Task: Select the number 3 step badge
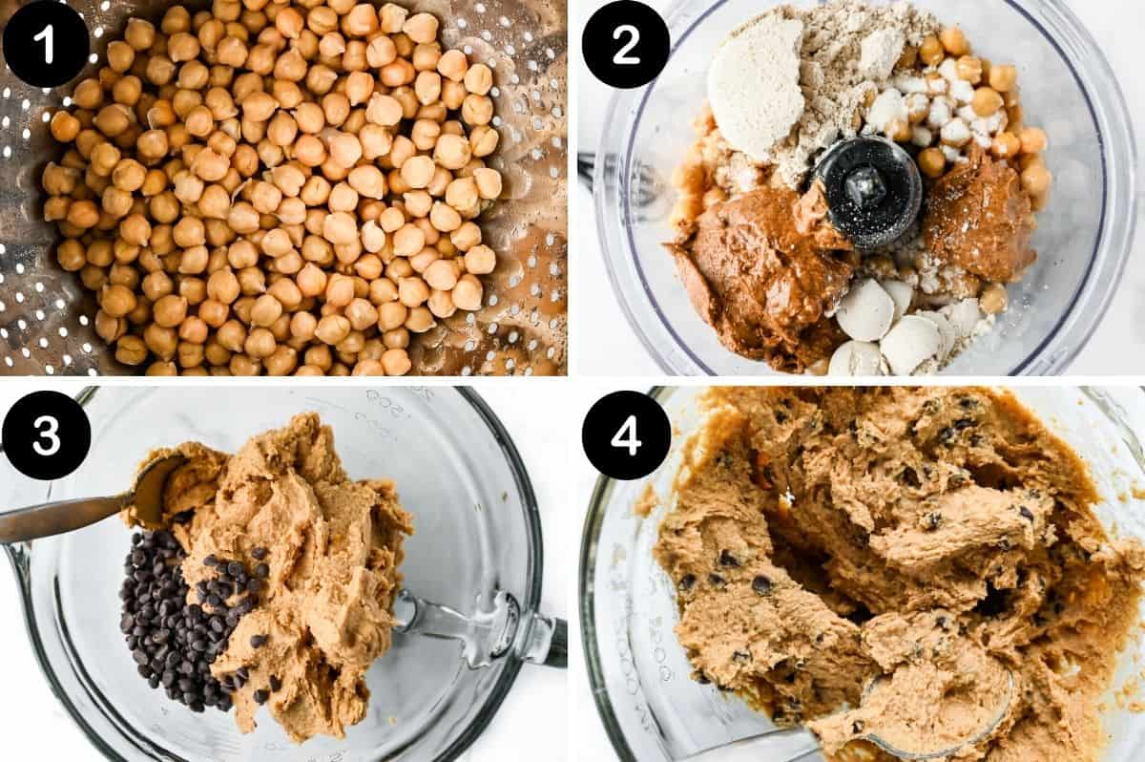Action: [46, 434]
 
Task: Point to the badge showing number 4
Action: [625, 434]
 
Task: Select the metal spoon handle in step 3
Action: [62, 516]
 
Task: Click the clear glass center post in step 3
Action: [448, 621]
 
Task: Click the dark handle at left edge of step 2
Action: [584, 172]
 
